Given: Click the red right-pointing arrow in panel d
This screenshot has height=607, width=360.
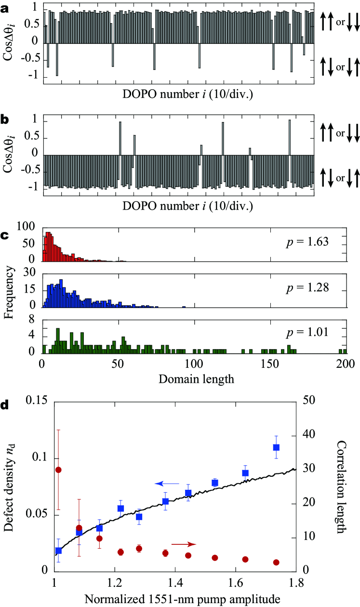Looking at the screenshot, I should click(184, 544).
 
